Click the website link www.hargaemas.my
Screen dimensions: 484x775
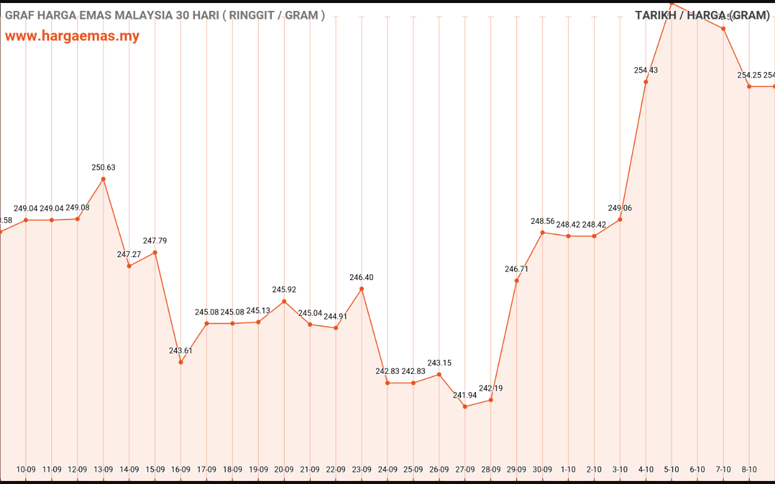[x=72, y=36]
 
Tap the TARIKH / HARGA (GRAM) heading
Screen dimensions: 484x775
[x=702, y=15]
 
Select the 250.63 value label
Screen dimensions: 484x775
[x=104, y=168]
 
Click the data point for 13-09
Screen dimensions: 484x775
[x=104, y=179]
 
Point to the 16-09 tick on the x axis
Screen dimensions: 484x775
[x=180, y=469]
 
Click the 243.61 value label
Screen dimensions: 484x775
[x=180, y=351]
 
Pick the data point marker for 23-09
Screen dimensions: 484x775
[x=361, y=289]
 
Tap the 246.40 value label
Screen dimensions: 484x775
[x=361, y=278]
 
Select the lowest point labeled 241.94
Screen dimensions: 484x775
[x=465, y=407]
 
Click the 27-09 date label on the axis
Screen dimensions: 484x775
[x=465, y=469]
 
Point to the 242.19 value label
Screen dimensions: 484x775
[x=490, y=388]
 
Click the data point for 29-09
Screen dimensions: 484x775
[x=516, y=281]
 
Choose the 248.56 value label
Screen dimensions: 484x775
[x=542, y=221]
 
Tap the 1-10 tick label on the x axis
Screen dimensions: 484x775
[x=568, y=469]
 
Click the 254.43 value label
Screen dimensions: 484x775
[x=646, y=70]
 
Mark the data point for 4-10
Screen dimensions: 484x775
[x=646, y=82]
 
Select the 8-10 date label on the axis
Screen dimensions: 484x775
[x=749, y=469]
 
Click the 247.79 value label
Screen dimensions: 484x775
[x=155, y=241]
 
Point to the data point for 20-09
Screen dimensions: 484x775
[x=284, y=301]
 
